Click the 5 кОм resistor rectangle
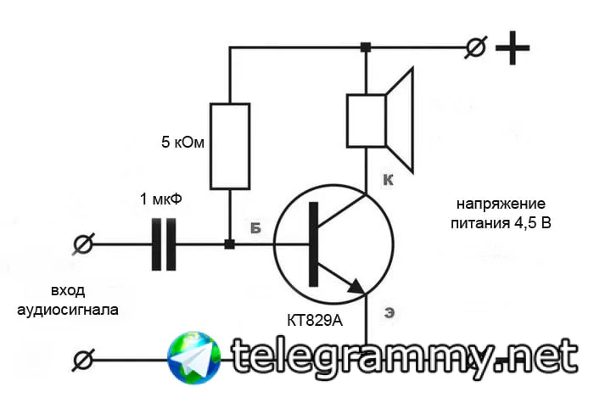click(x=230, y=146)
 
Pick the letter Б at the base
click(x=255, y=228)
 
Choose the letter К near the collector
click(x=388, y=181)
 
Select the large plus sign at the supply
click(x=513, y=49)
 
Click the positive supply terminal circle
click(x=477, y=49)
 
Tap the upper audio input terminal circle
click(x=82, y=245)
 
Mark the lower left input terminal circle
click(x=82, y=361)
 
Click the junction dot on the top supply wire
click(x=366, y=48)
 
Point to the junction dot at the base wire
click(x=229, y=245)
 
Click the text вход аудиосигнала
click(x=68, y=300)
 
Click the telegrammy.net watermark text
click(x=399, y=357)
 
